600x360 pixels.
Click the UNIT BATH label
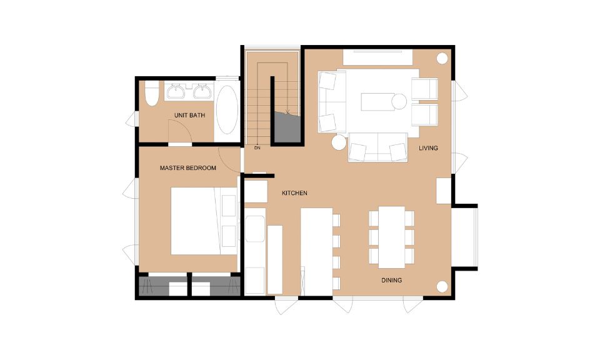(x=189, y=115)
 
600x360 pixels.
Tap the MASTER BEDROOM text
(x=188, y=168)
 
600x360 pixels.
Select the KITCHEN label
(x=294, y=193)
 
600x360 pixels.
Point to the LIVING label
(x=428, y=148)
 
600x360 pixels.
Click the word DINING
(x=391, y=281)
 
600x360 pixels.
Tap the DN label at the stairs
(x=257, y=147)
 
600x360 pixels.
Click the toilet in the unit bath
(x=152, y=93)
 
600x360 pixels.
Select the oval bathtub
(x=227, y=109)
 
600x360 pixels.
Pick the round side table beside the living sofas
(x=339, y=142)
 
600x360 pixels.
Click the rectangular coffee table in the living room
(x=378, y=102)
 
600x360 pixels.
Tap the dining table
(x=392, y=237)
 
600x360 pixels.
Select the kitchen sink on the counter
(x=255, y=229)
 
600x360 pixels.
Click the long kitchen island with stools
(x=316, y=252)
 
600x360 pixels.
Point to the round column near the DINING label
(x=442, y=286)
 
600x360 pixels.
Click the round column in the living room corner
(x=442, y=59)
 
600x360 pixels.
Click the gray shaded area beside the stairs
(x=287, y=127)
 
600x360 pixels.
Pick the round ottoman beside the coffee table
(x=399, y=102)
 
